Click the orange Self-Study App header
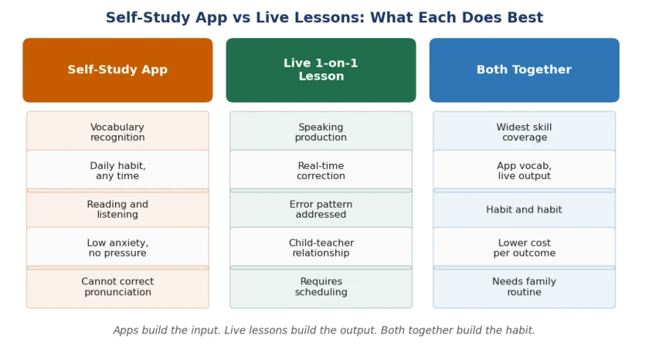(x=117, y=70)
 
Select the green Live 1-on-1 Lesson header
(x=321, y=70)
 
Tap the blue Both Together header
(x=525, y=70)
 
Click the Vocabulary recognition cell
(x=117, y=132)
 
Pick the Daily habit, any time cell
(x=117, y=171)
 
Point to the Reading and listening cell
(x=117, y=209)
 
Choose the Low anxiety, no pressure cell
(x=117, y=247)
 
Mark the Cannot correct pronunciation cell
(x=117, y=287)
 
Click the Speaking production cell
(x=321, y=132)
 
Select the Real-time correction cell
(x=321, y=171)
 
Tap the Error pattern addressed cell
(x=321, y=209)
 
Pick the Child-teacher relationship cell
(x=321, y=247)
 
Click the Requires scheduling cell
(x=321, y=287)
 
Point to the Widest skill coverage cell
(x=525, y=132)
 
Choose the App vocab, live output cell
(x=525, y=171)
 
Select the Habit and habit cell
(x=525, y=209)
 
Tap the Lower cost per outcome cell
(x=525, y=247)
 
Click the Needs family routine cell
(x=525, y=287)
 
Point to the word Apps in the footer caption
(x=126, y=330)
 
